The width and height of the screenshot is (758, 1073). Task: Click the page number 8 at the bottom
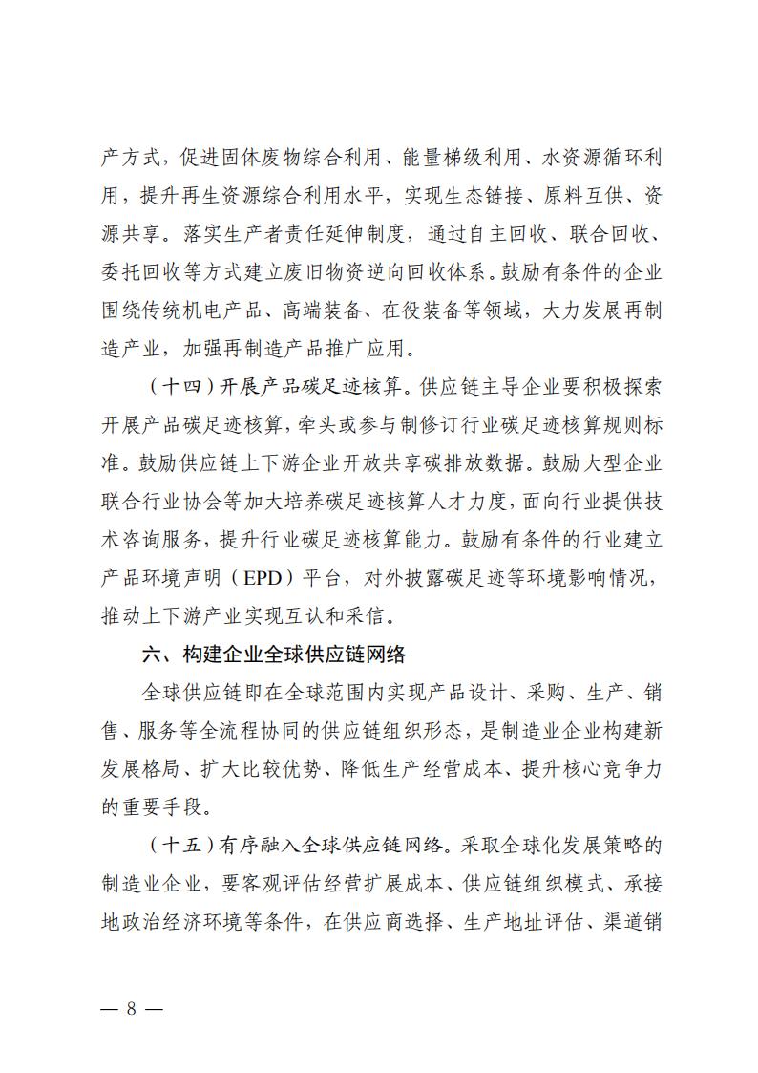click(x=132, y=1010)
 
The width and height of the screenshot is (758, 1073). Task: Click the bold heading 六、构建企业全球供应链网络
click(x=272, y=655)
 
